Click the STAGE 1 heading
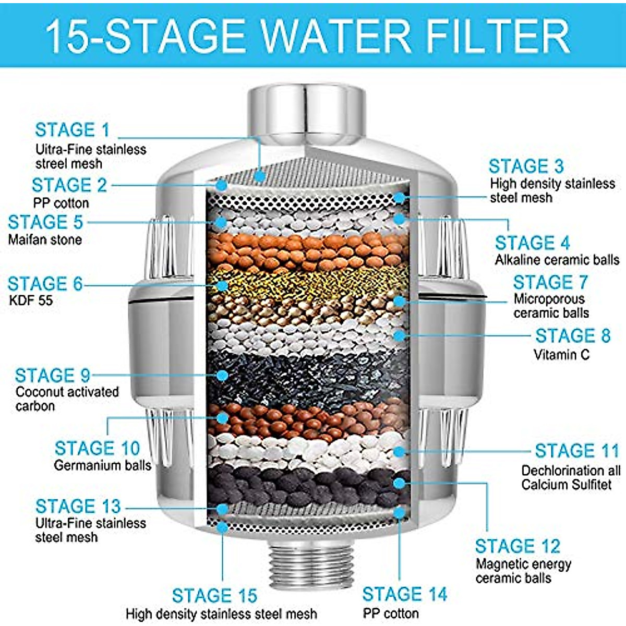[73, 130]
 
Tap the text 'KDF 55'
[31, 300]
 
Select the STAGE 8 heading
[572, 335]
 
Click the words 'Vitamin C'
[561, 355]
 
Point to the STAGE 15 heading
[214, 596]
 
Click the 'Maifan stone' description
[45, 240]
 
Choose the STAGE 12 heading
[517, 546]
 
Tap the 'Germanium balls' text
[103, 465]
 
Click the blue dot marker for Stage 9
[223, 375]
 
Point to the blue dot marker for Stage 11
[399, 451]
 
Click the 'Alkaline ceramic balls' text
[557, 260]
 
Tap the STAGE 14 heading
[405, 594]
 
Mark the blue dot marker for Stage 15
[223, 527]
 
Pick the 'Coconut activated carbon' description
[67, 399]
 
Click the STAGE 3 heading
[526, 166]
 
